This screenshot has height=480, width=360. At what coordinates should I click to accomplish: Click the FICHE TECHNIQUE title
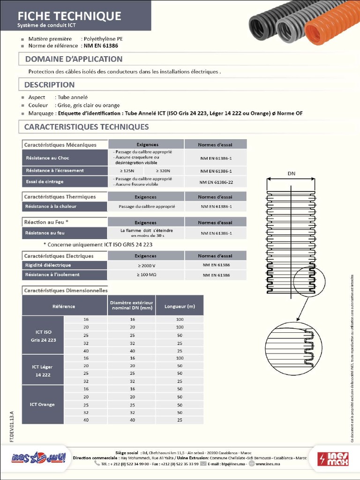[69, 15]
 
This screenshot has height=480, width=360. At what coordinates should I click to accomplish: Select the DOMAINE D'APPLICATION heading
[73, 59]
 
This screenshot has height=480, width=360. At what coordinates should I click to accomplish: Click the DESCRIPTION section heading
[49, 85]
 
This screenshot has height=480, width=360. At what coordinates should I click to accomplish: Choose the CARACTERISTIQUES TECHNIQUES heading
[86, 127]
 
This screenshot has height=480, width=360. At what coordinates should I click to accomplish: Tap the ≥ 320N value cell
[163, 171]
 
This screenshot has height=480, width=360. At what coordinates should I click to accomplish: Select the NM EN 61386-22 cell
[216, 182]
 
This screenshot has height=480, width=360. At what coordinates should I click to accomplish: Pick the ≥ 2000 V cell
[146, 265]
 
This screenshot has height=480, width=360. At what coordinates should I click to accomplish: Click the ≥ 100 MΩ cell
[146, 275]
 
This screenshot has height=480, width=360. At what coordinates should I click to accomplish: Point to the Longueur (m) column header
[180, 306]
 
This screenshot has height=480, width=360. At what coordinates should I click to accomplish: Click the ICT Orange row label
[42, 405]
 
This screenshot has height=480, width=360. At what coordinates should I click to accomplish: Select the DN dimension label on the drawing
[291, 173]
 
